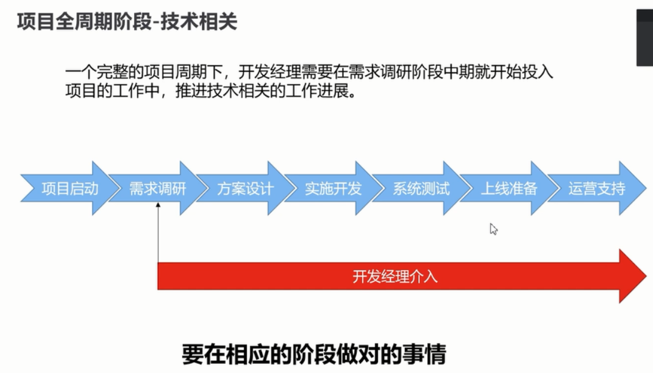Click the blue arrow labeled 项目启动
(x=66, y=188)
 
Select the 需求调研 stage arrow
(x=155, y=188)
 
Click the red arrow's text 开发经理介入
(x=395, y=277)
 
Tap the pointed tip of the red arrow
(x=646, y=276)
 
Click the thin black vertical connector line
(x=159, y=233)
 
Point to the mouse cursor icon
(x=493, y=229)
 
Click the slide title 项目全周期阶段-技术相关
(x=127, y=22)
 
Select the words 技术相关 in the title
(x=199, y=22)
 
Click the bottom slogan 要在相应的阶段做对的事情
(x=314, y=355)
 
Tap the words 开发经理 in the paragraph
(x=269, y=72)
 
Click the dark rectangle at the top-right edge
(x=644, y=37)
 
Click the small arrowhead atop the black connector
(x=159, y=205)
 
